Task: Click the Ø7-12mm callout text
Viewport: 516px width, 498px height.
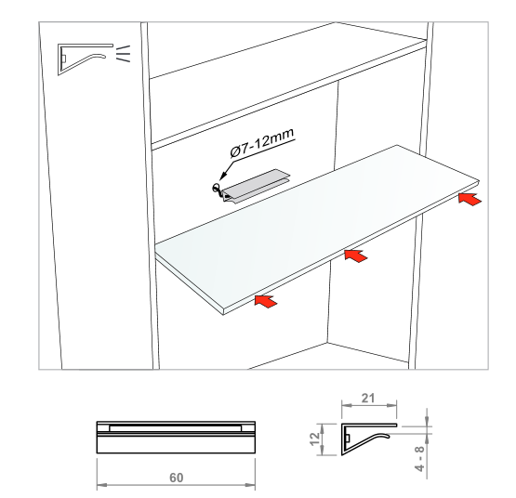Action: (x=261, y=143)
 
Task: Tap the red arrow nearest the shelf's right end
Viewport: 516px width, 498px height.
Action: (x=470, y=199)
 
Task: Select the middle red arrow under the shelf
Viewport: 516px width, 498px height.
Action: (x=356, y=256)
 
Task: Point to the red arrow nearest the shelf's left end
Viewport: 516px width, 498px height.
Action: (x=266, y=301)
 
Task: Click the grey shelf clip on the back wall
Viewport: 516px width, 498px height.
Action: (x=256, y=186)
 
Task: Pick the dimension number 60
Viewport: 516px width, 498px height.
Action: (x=176, y=478)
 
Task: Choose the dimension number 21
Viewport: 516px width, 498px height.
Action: (x=368, y=399)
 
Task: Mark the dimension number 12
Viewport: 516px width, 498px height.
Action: (x=315, y=439)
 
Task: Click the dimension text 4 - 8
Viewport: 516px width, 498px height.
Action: (x=420, y=458)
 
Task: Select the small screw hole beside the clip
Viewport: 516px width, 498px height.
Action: (x=216, y=188)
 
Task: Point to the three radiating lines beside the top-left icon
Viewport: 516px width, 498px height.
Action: (x=124, y=54)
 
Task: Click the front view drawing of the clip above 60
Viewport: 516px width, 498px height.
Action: (x=176, y=438)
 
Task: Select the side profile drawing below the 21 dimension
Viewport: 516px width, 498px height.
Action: (x=369, y=439)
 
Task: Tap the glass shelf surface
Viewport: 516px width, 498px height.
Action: (x=316, y=227)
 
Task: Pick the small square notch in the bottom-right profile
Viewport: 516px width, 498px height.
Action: (x=347, y=439)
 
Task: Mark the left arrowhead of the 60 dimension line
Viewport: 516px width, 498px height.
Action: (x=101, y=485)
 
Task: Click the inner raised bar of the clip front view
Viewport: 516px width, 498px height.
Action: (x=176, y=428)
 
